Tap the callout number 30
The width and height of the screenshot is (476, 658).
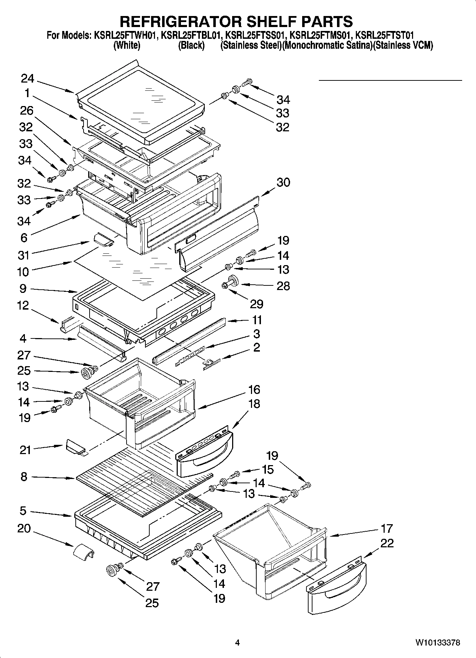pos(283,182)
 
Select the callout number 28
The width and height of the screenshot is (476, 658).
pos(283,286)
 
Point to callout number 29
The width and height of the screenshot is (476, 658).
pos(256,304)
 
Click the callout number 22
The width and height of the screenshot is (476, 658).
pos(387,543)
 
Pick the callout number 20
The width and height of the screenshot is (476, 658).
pos(24,528)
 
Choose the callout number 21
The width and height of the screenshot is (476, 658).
pos(25,450)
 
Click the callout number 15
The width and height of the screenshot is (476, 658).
pos(268,469)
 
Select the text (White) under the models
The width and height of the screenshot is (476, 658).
pos(127,46)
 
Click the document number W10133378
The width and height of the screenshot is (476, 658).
pos(438,643)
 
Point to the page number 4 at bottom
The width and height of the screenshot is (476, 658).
pos(237,643)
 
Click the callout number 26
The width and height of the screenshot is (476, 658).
pos(27,111)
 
